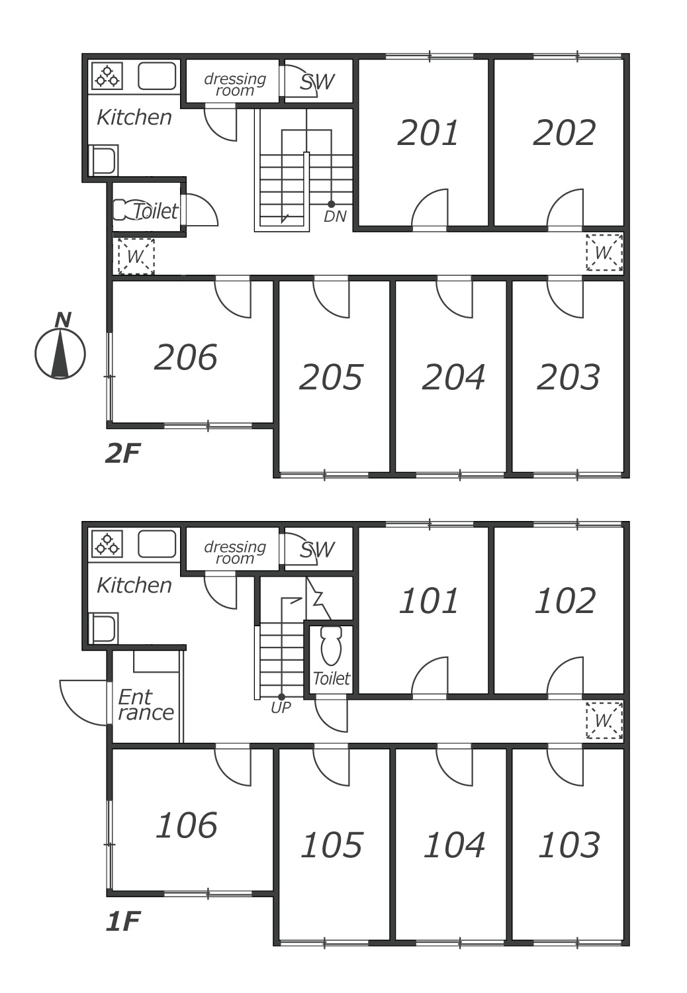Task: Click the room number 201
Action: coord(428,132)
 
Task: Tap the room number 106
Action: coord(187,825)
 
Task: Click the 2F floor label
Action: coord(123,453)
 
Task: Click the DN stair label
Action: coord(335,216)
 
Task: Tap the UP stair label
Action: coord(281,708)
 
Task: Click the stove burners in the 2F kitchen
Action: coord(107,75)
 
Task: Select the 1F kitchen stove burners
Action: coord(107,544)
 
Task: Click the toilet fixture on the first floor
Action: coord(331,645)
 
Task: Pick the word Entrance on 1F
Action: coord(146,705)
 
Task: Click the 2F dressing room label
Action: coord(235,84)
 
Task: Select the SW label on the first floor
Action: coord(317,550)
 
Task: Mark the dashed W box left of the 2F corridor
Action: coord(136,256)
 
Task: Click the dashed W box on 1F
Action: coord(604,720)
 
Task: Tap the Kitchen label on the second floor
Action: coord(134,117)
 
